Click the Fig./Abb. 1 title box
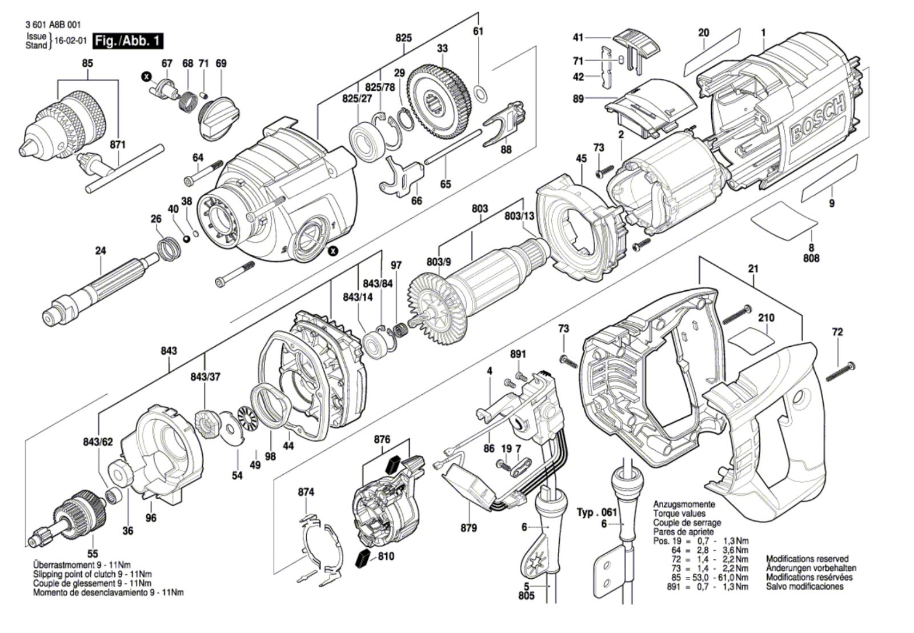129,41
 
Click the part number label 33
443,49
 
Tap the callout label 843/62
98,442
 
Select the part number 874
306,492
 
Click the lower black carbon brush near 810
362,560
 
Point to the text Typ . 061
597,512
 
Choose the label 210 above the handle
766,318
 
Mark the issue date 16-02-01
71,41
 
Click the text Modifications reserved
807,559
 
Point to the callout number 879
468,528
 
